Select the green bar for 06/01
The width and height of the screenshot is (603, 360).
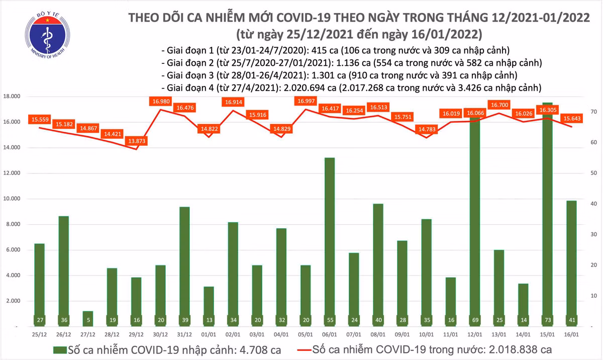[x=330, y=241]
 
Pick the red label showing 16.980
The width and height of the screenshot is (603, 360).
[x=160, y=102]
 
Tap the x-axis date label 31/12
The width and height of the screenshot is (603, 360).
[x=184, y=334]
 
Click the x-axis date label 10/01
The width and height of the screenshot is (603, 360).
[x=427, y=334]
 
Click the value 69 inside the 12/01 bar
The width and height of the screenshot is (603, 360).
[x=475, y=320]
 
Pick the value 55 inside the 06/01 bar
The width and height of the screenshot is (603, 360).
[x=330, y=320]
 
